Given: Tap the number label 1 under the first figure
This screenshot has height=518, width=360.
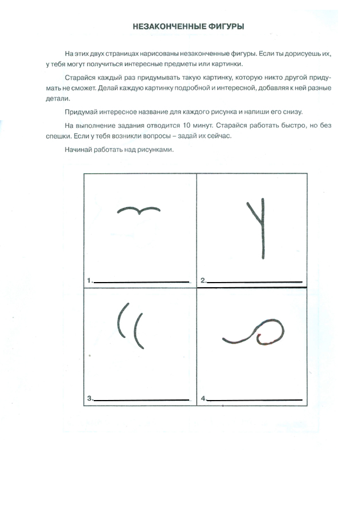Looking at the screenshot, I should click(89, 280).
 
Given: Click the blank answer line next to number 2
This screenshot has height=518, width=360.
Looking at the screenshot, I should click(254, 282).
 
